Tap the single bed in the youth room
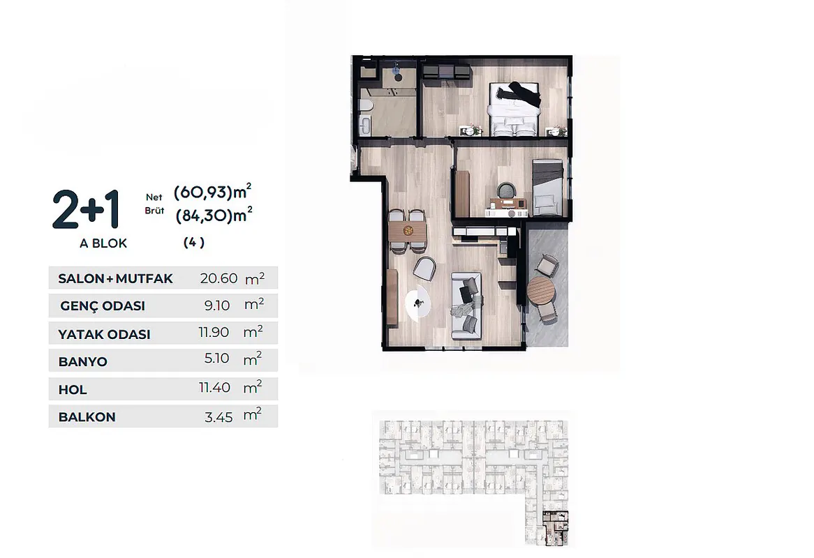pos(548,188)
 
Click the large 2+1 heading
pos(86,209)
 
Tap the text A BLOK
pos(103,243)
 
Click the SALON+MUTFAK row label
pos(115,278)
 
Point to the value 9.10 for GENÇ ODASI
pos(217,306)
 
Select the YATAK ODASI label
pos(104,335)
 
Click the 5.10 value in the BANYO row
pos(217,359)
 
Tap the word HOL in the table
pos(73,390)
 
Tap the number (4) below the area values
pos(194,242)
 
